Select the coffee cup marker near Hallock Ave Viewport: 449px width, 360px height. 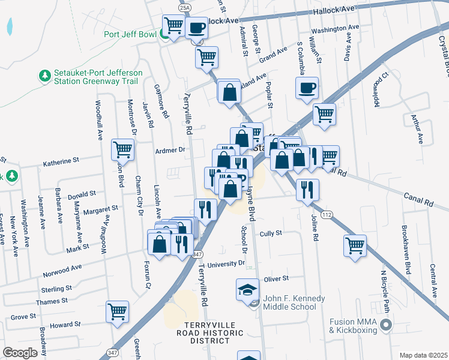[196, 27]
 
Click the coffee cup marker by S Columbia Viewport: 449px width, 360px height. [306, 88]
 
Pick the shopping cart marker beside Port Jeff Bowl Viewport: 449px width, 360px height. [173, 26]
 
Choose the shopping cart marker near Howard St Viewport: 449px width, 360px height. [117, 311]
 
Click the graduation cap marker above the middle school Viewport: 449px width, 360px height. [247, 289]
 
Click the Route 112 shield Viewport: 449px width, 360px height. [327, 214]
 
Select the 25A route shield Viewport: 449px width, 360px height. [185, 7]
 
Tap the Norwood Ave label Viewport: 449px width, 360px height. [62, 271]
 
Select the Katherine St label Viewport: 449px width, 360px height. [61, 161]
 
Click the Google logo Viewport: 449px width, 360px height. [20, 352]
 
